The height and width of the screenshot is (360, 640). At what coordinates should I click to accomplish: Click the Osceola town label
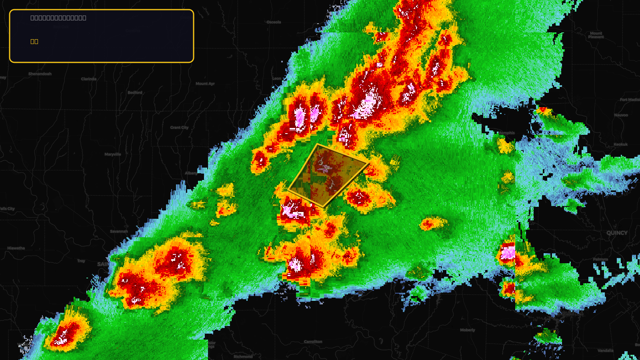[x=274, y=22]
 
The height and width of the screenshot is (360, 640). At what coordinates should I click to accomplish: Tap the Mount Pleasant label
[x=596, y=35]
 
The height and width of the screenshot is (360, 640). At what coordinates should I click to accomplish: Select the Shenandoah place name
[x=40, y=74]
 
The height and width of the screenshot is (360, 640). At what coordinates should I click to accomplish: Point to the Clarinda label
[x=89, y=79]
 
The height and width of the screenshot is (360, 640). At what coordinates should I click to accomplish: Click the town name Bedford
[x=135, y=92]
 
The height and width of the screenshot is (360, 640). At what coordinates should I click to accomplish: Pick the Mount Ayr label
[x=205, y=84]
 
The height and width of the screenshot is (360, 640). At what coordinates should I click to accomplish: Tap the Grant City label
[x=179, y=128]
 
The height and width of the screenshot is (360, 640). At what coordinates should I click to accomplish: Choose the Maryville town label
[x=113, y=154]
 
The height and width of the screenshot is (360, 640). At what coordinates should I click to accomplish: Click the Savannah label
[x=119, y=231]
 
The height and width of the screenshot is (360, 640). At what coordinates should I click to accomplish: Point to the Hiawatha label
[x=16, y=248]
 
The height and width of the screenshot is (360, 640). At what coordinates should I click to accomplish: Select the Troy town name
[x=81, y=261]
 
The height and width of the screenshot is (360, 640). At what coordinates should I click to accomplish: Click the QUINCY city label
[x=617, y=233]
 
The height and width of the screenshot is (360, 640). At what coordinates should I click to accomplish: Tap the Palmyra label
[x=600, y=259]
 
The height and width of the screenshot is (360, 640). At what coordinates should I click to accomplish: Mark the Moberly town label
[x=468, y=330]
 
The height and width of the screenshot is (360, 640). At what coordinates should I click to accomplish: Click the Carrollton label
[x=313, y=342]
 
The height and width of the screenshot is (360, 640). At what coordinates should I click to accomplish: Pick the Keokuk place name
[x=621, y=144]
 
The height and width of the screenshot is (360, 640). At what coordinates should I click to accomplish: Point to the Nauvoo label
[x=621, y=115]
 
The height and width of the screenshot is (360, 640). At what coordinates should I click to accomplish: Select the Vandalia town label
[x=606, y=350]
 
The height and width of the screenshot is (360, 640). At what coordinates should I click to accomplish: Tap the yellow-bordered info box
[x=102, y=36]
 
